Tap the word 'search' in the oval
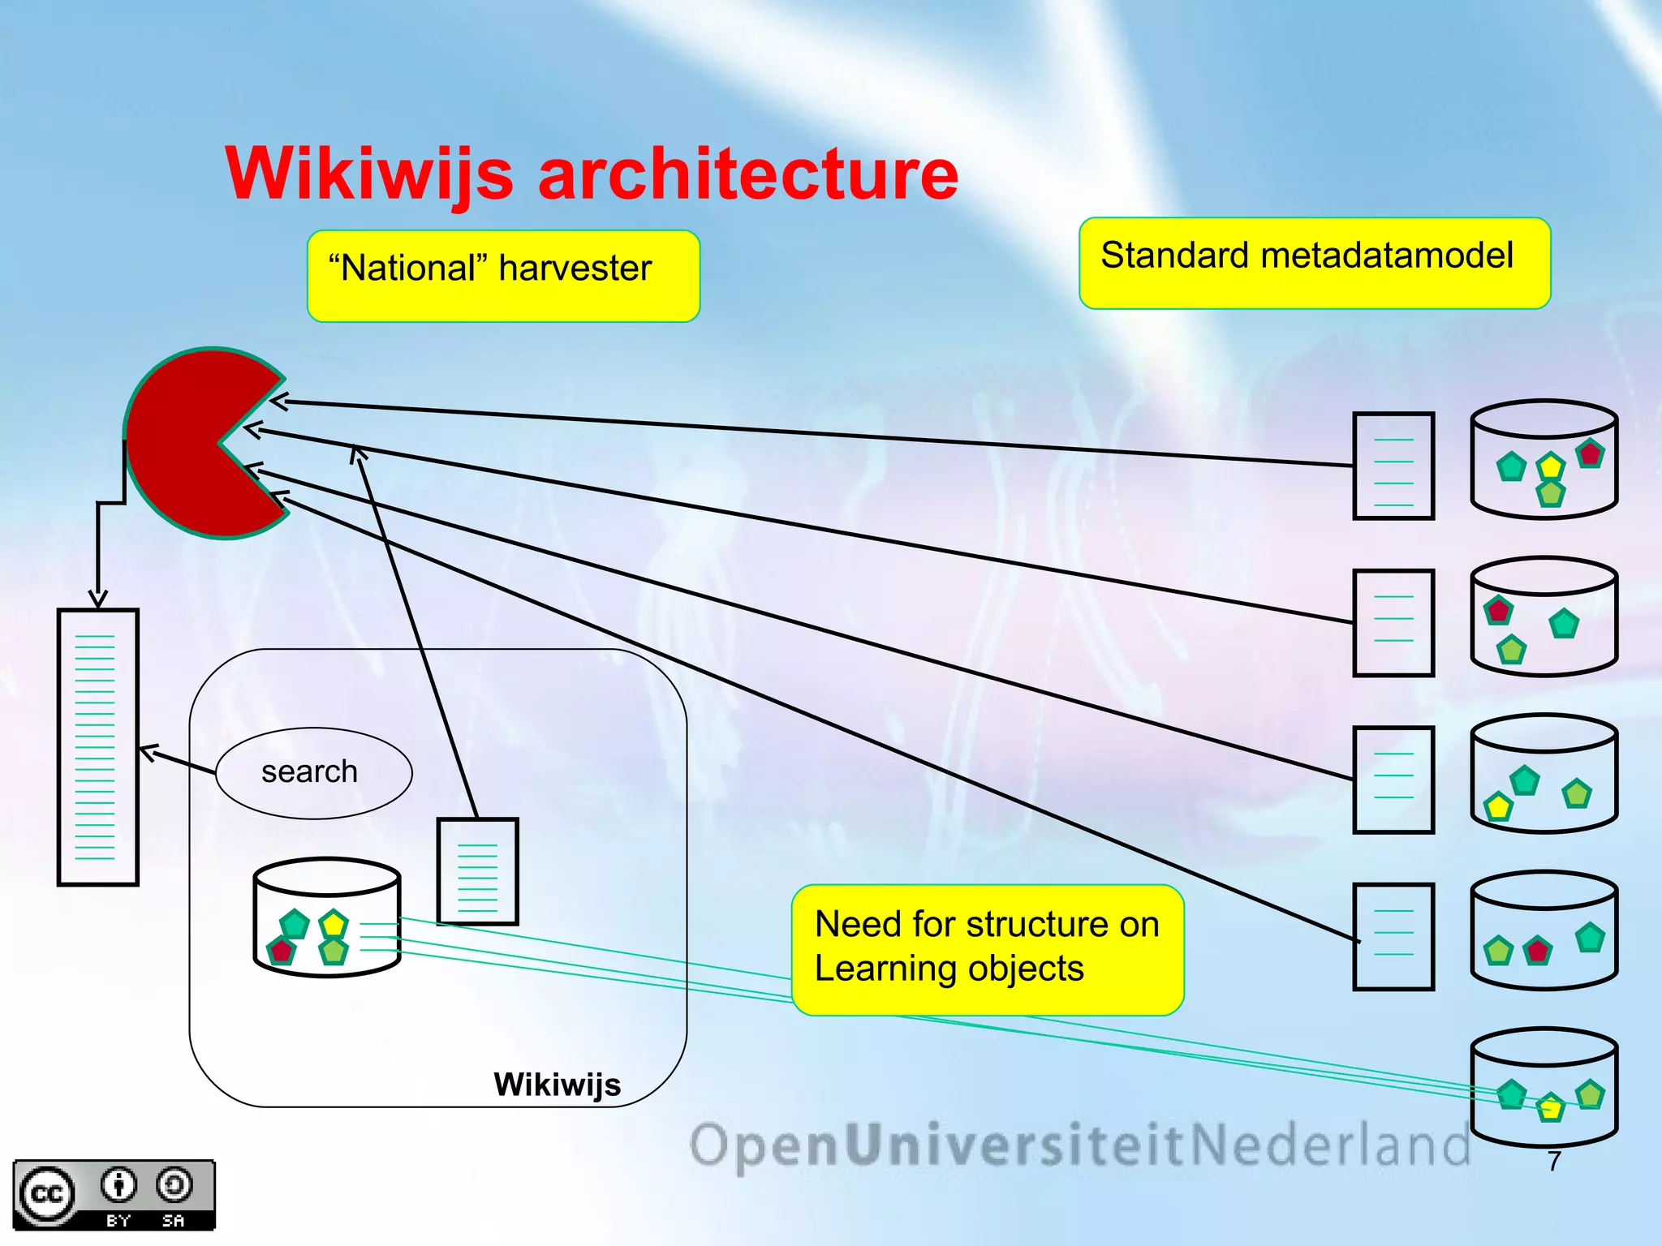[309, 771]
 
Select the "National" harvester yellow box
[502, 276]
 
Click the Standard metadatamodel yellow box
[1313, 263]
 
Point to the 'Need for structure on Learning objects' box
[987, 949]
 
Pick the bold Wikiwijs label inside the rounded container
[557, 1085]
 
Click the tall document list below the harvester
[97, 746]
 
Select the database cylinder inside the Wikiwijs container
[327, 917]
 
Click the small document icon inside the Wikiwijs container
[477, 871]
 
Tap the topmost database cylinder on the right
[1544, 459]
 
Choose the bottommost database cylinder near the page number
[1544, 1087]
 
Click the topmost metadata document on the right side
[1393, 466]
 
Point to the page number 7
[1553, 1161]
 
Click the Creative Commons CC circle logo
[46, 1194]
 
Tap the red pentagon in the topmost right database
[1590, 453]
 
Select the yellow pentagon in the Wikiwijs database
[334, 924]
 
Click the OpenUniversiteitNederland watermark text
[1079, 1145]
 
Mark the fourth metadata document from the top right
[1393, 937]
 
